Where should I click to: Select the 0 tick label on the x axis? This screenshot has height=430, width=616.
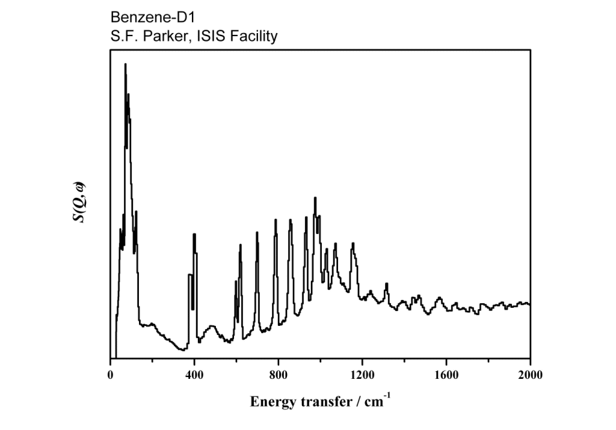[110, 374]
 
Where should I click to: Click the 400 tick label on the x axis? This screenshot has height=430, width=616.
[195, 374]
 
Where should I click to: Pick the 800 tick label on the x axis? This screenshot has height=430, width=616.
[279, 374]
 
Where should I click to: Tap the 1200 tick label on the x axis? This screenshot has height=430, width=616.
[362, 374]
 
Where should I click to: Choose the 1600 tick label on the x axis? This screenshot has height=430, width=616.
[446, 374]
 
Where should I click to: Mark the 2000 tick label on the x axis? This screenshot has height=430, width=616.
[530, 374]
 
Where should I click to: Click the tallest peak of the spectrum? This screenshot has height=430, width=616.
[125, 64]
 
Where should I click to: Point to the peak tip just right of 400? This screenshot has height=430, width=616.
[194, 234]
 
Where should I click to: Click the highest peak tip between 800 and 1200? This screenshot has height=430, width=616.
[315, 198]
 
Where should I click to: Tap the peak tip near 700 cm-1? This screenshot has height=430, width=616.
[257, 232]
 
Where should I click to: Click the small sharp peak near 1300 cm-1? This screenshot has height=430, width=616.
[387, 283]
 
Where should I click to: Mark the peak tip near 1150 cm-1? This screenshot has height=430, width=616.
[353, 243]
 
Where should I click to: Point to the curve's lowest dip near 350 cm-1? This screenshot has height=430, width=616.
[183, 350]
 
